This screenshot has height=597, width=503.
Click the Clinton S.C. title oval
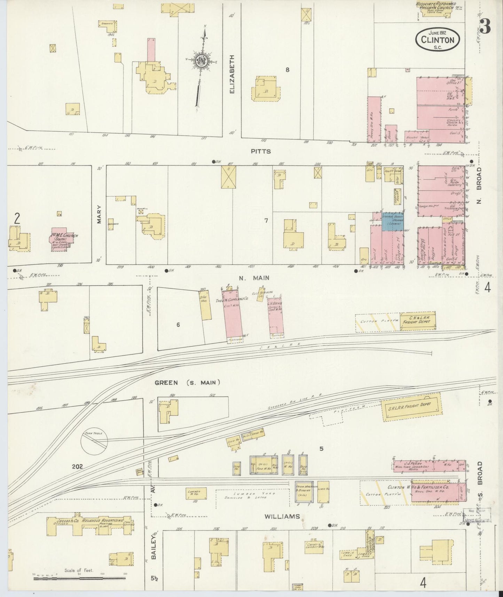pos(437,39)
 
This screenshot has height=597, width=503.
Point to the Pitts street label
pos(261,152)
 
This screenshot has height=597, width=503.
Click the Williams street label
pos(282,517)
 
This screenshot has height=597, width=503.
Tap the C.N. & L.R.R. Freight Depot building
pos(417,319)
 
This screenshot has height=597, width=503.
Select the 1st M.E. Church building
pos(63,241)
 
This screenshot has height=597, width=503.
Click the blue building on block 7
pos(393,221)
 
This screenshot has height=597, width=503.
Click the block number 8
pos(288,70)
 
